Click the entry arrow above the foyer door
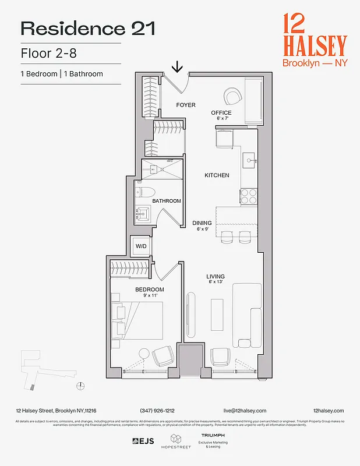[x=178, y=67]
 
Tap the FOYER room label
[x=186, y=105]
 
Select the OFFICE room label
[x=221, y=113]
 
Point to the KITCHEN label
[x=217, y=175]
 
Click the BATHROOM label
[x=167, y=201]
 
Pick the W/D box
[x=141, y=246]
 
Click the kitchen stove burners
[x=249, y=196]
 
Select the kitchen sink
[x=249, y=159]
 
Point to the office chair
[x=234, y=96]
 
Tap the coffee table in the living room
[x=217, y=315]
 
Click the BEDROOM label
[x=150, y=290]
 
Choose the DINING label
[x=202, y=223]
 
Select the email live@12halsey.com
[x=243, y=411]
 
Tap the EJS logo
[x=143, y=441]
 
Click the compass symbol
[x=80, y=385]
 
